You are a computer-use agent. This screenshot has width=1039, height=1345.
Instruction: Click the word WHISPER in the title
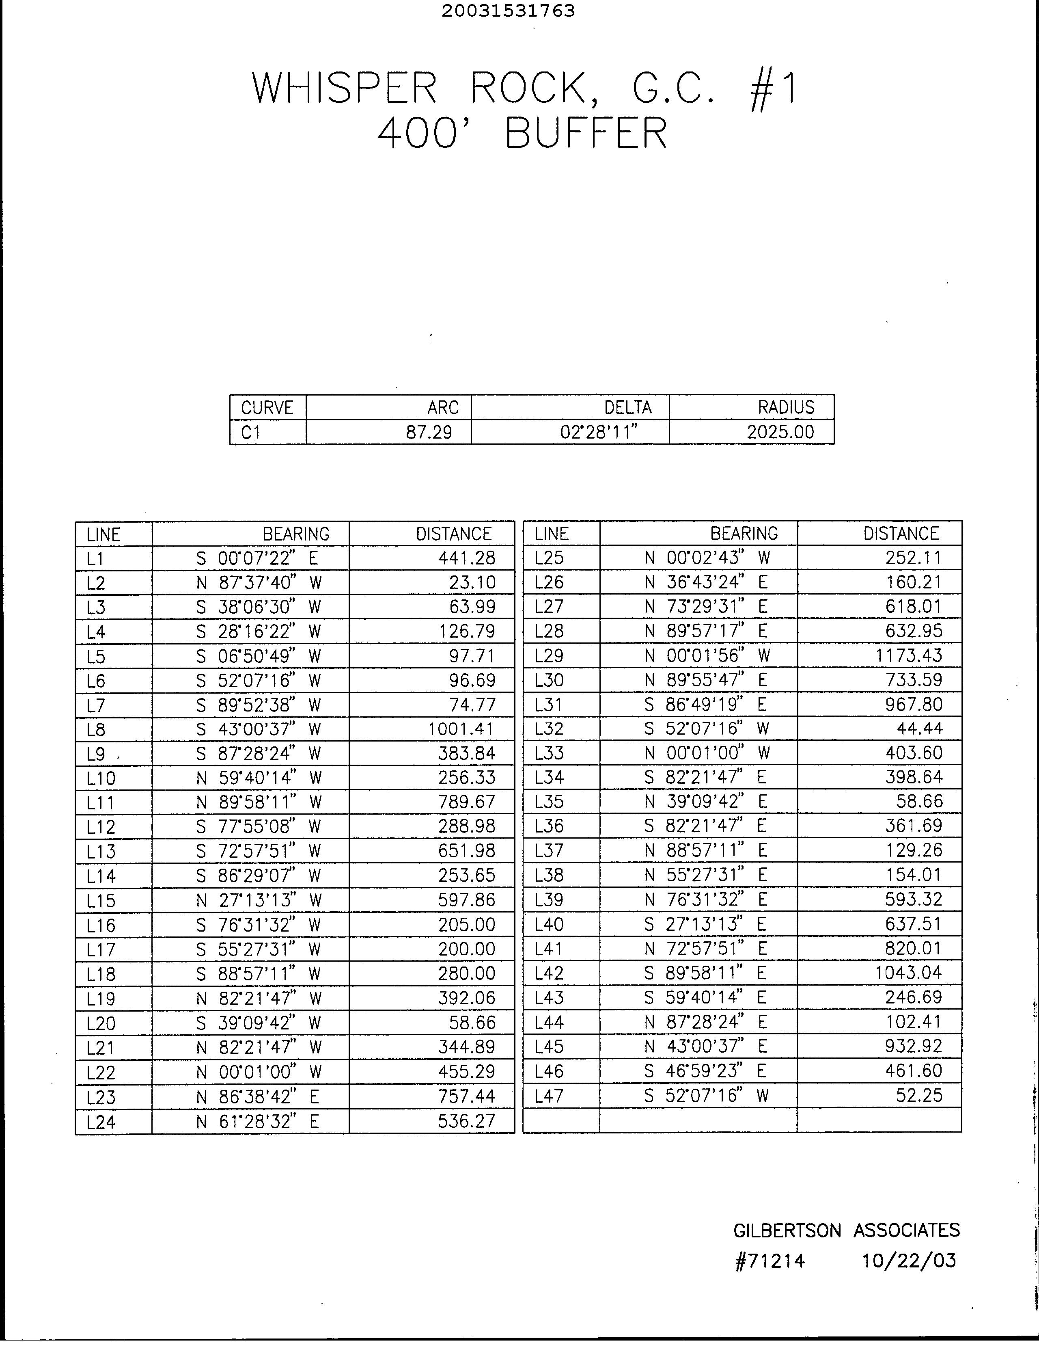point(344,88)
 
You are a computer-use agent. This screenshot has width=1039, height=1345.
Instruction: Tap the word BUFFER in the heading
point(586,133)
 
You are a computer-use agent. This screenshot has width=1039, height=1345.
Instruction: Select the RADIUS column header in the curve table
point(786,407)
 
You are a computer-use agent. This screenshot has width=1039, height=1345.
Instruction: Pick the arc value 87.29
point(429,432)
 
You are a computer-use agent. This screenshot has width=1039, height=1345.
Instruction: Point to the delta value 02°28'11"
point(598,432)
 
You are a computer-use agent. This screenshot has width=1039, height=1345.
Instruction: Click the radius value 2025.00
point(780,432)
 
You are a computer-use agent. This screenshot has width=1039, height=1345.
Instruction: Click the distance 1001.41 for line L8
point(461,729)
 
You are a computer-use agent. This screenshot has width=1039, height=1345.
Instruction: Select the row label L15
point(101,901)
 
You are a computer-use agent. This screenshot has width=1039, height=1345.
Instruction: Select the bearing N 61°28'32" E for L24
point(257,1122)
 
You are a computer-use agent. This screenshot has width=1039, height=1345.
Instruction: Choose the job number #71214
point(770,1261)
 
